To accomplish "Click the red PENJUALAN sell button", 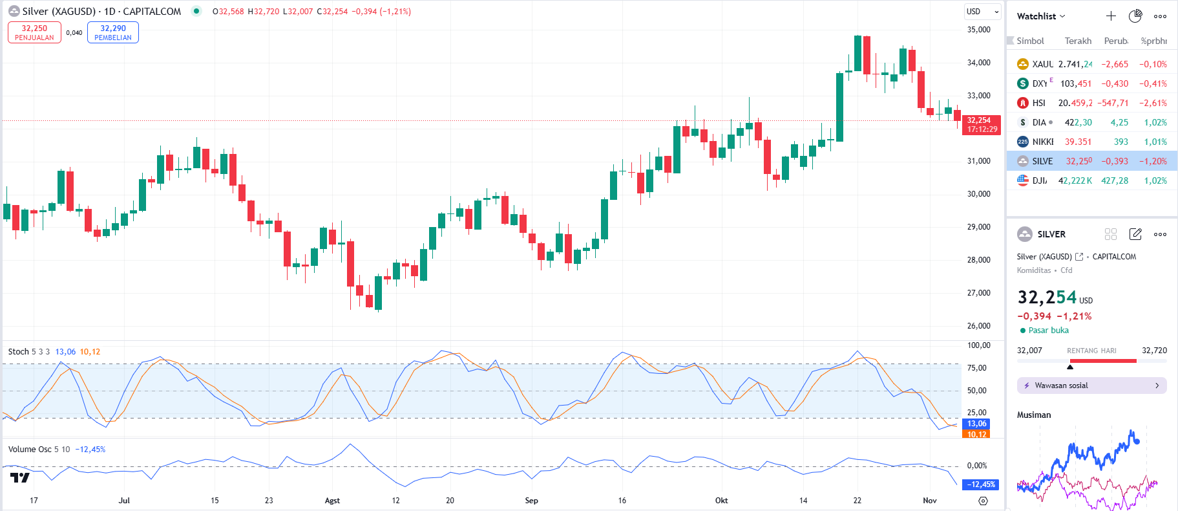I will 34,32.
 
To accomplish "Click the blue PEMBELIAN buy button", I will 113,32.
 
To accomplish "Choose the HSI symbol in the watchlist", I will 1038,103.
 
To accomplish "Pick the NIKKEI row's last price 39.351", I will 1078,142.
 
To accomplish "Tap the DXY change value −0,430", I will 1115,83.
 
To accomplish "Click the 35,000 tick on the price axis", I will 978,30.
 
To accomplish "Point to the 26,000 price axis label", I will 978,326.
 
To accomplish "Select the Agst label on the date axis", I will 332,501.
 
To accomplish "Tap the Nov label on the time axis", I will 929,501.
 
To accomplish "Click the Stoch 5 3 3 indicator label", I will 28,352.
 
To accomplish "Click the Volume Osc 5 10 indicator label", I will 38,450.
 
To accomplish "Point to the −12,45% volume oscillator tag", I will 981,484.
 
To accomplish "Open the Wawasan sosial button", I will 1091,386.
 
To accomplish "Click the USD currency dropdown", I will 982,12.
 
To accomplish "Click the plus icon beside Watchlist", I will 1111,16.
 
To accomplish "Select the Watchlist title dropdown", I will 1040,16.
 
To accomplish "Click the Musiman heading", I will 1034,415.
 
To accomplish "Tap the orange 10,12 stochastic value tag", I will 976,434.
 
